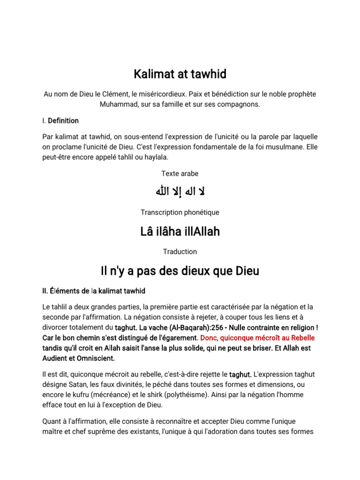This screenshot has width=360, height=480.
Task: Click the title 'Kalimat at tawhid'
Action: coord(180,74)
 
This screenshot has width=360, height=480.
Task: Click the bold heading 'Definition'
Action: coord(63,120)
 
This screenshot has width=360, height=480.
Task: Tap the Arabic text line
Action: coord(180,192)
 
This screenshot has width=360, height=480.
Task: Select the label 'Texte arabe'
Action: coord(180,173)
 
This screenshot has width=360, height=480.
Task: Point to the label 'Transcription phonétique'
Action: coord(180,212)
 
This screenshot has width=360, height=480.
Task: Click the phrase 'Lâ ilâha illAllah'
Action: coord(180,232)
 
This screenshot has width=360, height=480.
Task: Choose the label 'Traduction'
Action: coord(180,252)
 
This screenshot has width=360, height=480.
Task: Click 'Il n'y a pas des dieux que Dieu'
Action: coord(180,271)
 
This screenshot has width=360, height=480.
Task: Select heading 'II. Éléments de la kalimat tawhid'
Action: coord(94,291)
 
